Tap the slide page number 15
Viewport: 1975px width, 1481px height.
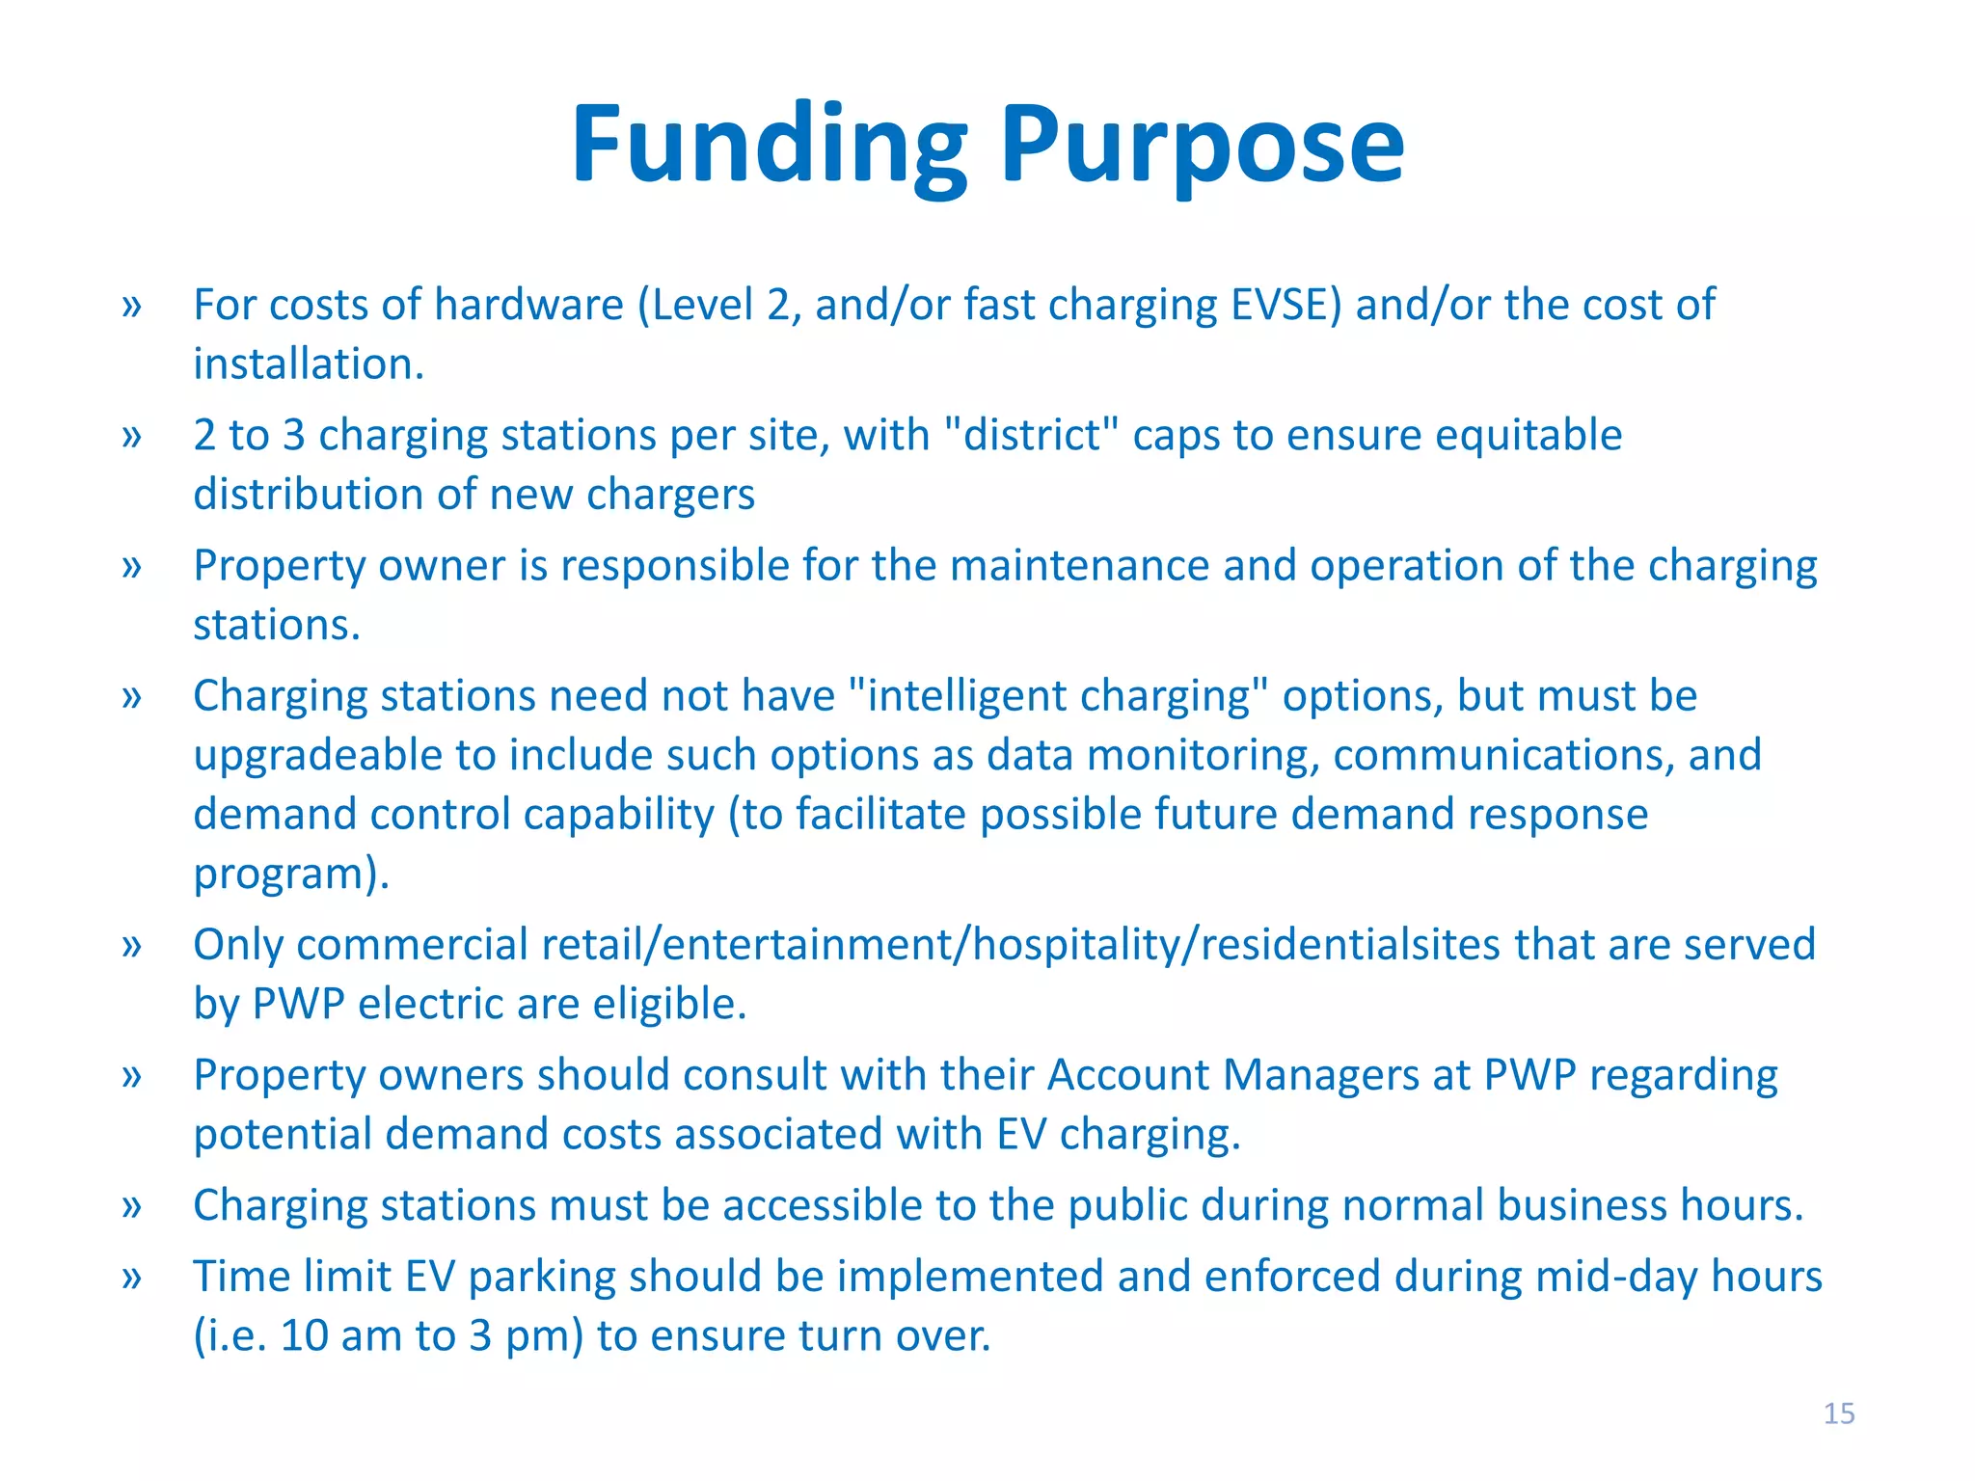(x=1838, y=1414)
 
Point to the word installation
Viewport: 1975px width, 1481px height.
(x=309, y=364)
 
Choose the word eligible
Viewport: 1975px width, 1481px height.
(x=669, y=1004)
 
